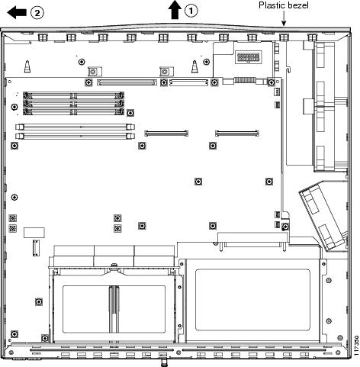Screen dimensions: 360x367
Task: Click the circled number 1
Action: click(191, 11)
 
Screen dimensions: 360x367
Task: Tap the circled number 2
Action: click(37, 13)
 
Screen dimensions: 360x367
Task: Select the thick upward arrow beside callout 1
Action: click(175, 10)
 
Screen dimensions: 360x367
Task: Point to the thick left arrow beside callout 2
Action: click(17, 13)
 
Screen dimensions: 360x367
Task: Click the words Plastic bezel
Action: click(284, 5)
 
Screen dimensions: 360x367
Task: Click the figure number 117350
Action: click(356, 346)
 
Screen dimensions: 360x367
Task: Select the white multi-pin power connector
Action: click(249, 57)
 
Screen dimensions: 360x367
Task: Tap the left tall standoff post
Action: click(27, 66)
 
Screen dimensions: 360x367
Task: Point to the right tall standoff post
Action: click(194, 66)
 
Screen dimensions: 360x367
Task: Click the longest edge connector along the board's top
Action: click(127, 82)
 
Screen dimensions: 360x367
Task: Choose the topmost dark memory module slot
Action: click(73, 96)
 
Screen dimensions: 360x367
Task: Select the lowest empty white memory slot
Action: click(75, 136)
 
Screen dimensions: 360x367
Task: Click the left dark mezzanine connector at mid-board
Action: click(166, 134)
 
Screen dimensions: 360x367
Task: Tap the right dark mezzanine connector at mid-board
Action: click(237, 134)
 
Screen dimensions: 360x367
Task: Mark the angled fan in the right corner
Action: click(323, 215)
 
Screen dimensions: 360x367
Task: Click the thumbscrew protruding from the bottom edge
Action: click(163, 362)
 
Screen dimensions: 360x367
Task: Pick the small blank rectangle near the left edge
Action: click(34, 233)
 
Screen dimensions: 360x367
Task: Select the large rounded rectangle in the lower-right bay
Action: click(252, 300)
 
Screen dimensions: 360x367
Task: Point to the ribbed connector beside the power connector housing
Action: click(244, 80)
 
